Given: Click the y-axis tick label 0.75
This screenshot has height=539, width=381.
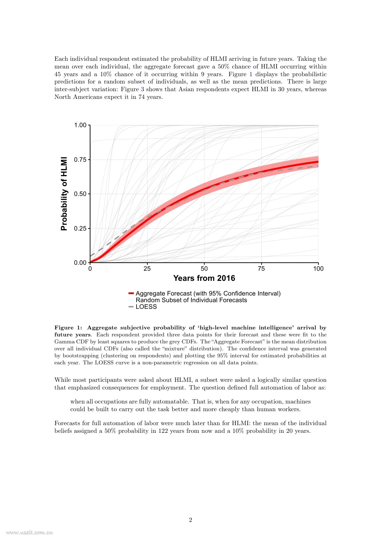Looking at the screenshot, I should (80, 160).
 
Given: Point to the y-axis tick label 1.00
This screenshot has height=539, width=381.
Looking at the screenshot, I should (80, 125).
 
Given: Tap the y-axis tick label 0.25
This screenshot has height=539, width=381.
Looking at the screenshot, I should (80, 228).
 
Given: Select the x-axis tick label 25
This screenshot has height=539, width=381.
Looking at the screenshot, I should (147, 269).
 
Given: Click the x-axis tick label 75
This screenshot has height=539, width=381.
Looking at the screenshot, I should (261, 269).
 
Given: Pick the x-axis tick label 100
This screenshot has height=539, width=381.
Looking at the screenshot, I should (318, 269).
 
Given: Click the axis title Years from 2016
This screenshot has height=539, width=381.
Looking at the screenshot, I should (204, 278).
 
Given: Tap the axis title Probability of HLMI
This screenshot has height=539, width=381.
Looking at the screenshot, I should (64, 194).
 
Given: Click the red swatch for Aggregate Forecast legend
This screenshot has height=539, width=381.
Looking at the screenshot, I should (131, 293).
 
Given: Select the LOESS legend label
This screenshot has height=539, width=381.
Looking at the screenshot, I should (146, 307).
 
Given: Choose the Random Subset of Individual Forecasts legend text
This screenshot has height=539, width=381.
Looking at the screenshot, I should (191, 300).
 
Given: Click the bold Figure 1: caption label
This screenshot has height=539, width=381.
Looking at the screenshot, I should (68, 328).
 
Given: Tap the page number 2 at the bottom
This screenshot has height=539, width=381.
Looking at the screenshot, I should (190, 520).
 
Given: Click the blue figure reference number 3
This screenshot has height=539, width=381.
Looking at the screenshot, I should (142, 89).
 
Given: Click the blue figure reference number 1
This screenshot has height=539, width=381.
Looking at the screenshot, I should (251, 74).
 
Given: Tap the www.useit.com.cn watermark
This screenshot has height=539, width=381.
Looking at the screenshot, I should (29, 533).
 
